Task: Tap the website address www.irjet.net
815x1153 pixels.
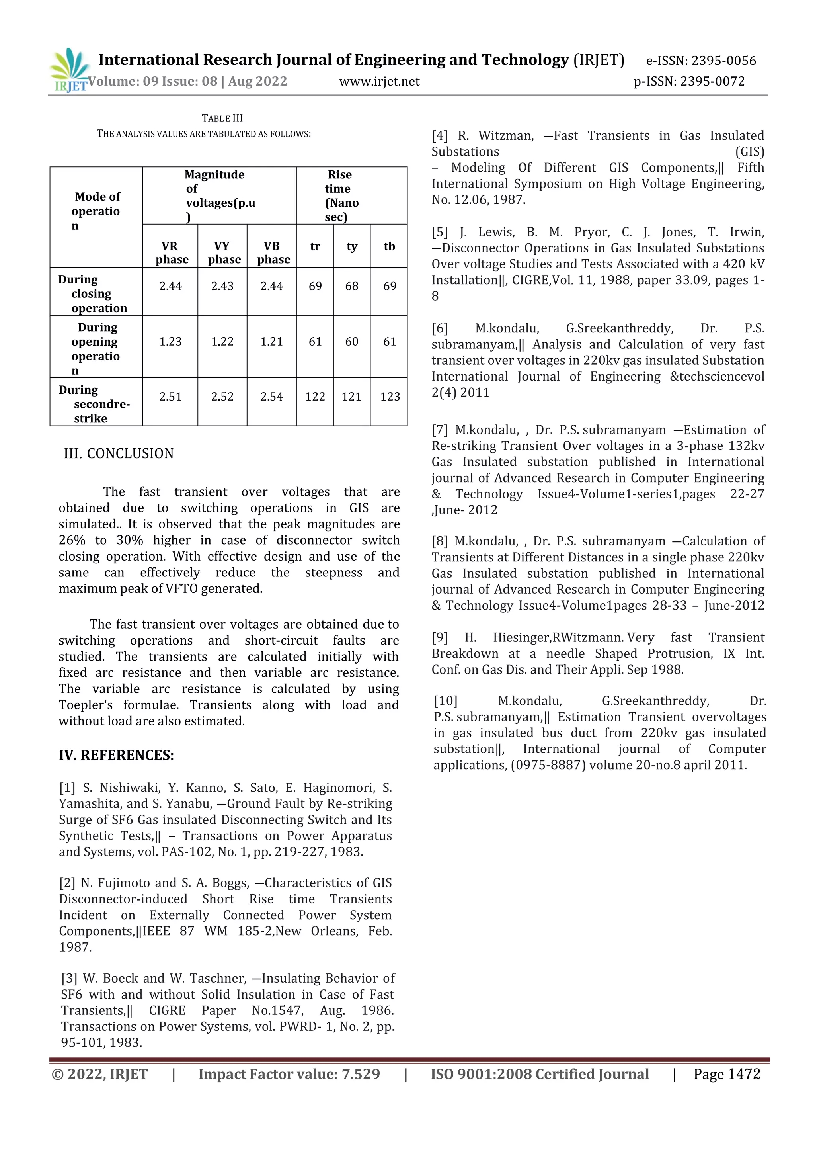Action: (x=379, y=81)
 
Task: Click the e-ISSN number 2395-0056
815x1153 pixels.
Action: (x=723, y=61)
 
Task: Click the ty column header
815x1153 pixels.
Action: (x=352, y=246)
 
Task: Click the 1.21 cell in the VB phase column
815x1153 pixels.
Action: (x=271, y=342)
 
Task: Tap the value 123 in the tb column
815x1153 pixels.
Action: (x=390, y=397)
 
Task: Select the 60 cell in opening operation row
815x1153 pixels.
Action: (x=352, y=342)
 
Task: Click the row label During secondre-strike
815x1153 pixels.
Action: (x=94, y=404)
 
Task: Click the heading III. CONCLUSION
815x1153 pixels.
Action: (x=119, y=453)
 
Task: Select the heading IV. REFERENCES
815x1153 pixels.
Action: (x=117, y=755)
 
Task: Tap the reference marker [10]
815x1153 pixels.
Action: (x=445, y=701)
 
